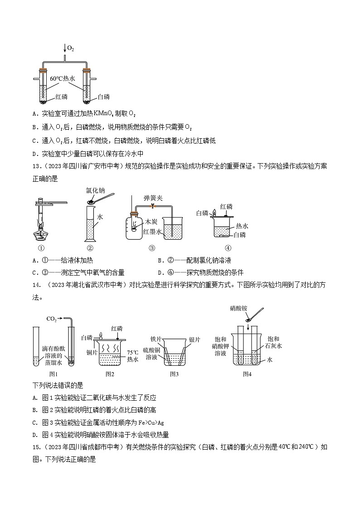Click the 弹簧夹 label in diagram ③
pyautogui.click(x=152, y=198)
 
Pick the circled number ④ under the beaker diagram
pyautogui.click(x=228, y=248)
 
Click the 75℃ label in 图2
pyautogui.click(x=132, y=352)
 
